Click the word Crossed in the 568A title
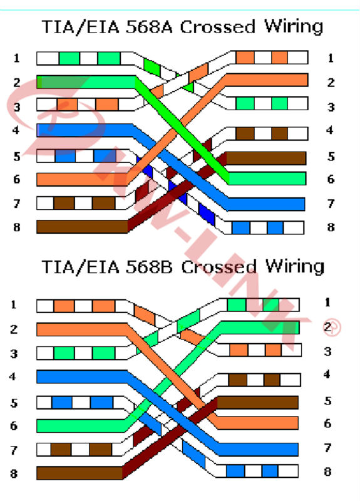tap(217, 27)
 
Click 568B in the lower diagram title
tap(149, 267)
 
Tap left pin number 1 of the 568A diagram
tap(17, 58)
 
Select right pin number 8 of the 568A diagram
tap(331, 227)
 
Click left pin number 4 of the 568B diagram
tap(13, 376)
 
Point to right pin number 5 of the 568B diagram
tap(327, 401)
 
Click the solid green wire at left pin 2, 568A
tap(86, 82)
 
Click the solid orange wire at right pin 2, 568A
tap(267, 80)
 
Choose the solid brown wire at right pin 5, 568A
tap(266, 158)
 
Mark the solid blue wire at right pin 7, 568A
tap(266, 204)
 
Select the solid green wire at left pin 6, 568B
tap(82, 426)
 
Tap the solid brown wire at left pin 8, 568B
tap(80, 473)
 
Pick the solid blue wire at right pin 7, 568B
tap(259, 449)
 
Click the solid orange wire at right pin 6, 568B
tap(257, 423)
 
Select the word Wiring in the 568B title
tap(295, 267)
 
